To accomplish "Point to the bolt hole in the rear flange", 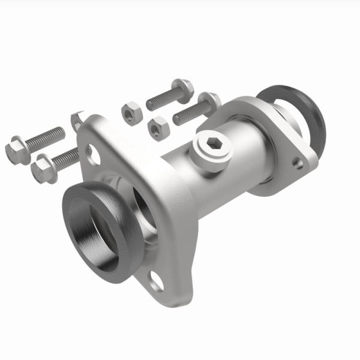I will click(297, 161).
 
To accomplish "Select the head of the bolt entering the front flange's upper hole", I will click(44, 169).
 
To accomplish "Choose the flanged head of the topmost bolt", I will click(183, 88).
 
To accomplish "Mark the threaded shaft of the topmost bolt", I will click(161, 98).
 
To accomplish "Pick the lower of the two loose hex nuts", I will click(158, 127).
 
